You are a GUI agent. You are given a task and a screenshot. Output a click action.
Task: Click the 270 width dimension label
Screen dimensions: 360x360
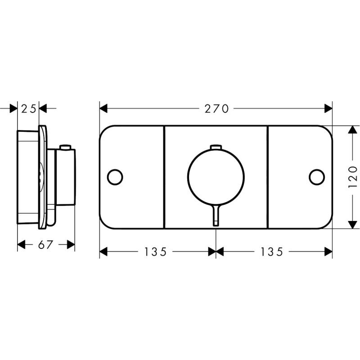coord(216,108)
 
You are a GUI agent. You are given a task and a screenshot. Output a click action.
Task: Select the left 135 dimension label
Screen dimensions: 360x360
coord(155,252)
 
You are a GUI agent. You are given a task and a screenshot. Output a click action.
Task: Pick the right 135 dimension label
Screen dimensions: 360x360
coord(271,252)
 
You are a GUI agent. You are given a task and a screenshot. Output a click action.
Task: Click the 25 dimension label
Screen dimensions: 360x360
coord(28,108)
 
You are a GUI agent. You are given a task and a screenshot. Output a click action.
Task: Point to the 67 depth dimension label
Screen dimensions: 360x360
coord(46,245)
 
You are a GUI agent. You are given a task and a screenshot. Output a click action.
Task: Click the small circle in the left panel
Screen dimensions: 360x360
coord(115,177)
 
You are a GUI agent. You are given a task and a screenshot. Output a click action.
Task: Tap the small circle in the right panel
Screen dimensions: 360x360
coord(317,177)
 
